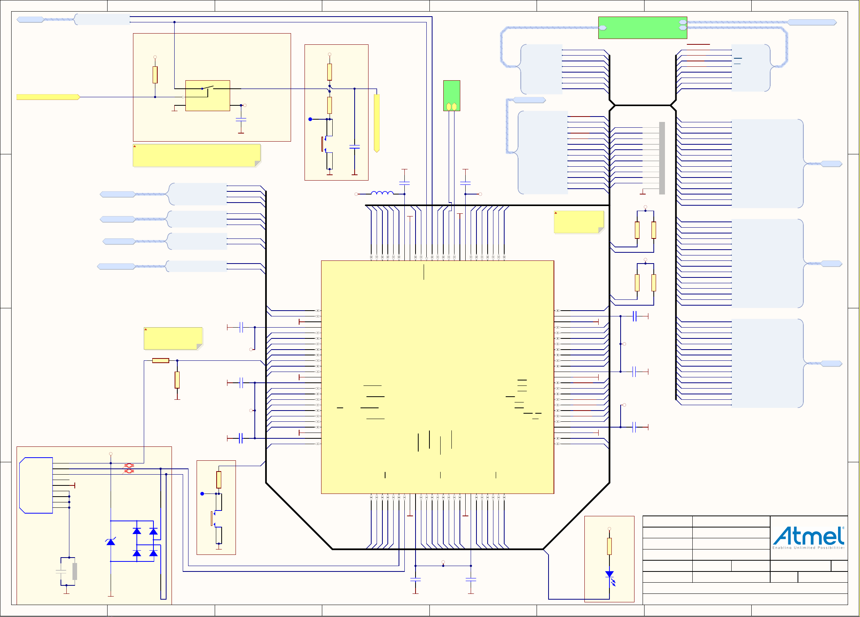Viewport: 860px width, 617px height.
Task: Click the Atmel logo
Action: (808, 536)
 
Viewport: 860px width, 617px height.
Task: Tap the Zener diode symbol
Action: (111, 542)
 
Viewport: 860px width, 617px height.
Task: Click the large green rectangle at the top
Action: (642, 28)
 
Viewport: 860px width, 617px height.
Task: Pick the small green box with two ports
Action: (451, 96)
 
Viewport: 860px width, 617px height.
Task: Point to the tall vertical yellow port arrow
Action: (377, 123)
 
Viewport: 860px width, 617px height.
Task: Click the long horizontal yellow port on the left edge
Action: (48, 97)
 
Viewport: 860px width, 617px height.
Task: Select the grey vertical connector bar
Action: (662, 158)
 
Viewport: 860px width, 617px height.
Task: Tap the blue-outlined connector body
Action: (36, 485)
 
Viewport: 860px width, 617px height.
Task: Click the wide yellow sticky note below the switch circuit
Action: (197, 156)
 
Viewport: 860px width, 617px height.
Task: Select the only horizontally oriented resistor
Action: (160, 360)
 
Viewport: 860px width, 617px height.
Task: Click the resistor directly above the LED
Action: (609, 546)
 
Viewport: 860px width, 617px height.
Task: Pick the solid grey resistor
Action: (75, 571)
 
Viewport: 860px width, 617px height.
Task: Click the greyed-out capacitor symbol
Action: (61, 571)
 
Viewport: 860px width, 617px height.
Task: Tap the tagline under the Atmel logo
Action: (808, 548)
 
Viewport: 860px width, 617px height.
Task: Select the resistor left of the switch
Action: (155, 75)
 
